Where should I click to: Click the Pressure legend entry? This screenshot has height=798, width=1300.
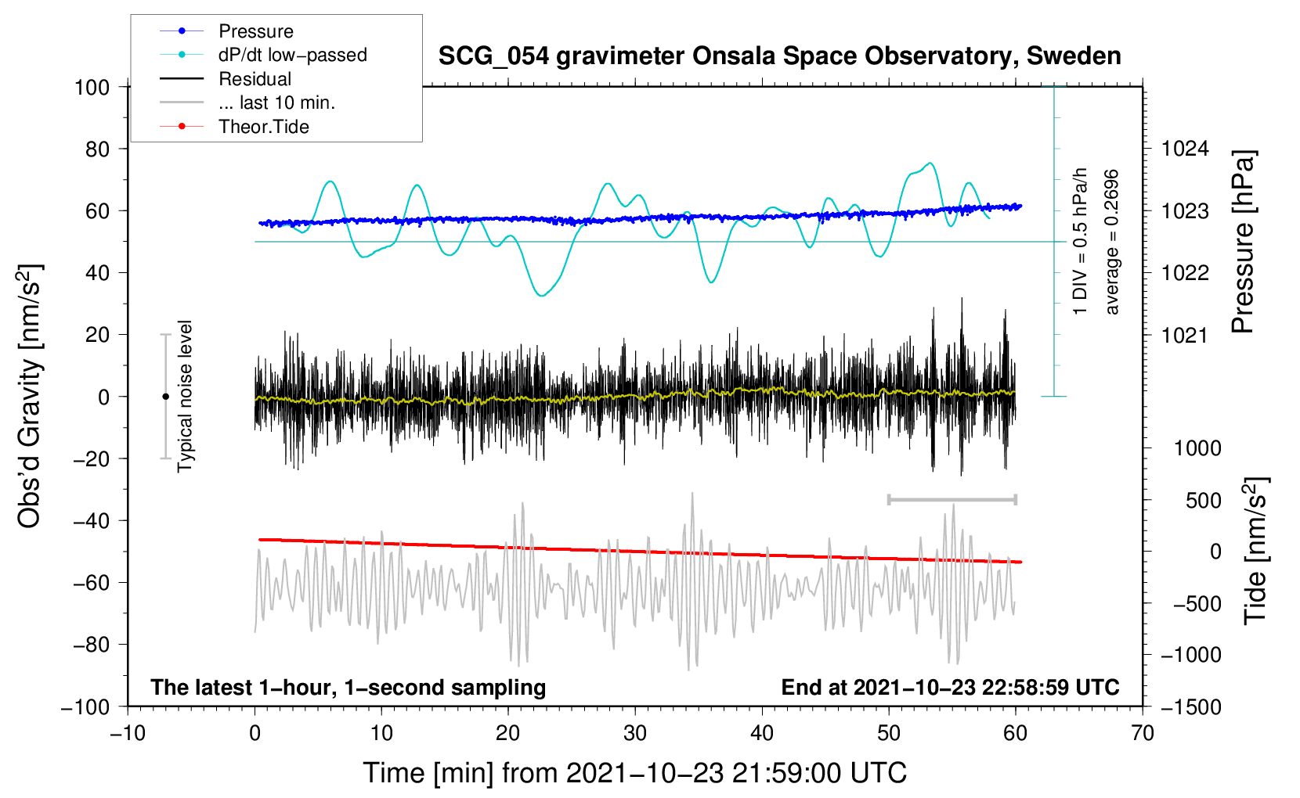pos(255,31)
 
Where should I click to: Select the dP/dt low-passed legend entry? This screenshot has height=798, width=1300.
pos(292,55)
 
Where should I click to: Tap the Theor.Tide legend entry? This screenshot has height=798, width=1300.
pos(263,127)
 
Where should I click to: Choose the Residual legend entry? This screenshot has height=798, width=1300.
pos(255,79)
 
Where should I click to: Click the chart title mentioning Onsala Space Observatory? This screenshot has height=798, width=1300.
pos(779,56)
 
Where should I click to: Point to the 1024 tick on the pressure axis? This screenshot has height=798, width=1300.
pos(1185,149)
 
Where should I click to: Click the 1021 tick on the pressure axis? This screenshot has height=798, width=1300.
pos(1185,336)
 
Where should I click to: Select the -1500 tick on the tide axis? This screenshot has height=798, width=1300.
pos(1191,706)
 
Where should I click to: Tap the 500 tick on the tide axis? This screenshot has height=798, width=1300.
pos(1203,500)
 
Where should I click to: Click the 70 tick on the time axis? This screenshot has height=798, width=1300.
pos(1143,733)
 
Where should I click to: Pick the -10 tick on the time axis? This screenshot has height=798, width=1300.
pos(128,733)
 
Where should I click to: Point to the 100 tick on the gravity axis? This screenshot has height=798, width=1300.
pos(92,87)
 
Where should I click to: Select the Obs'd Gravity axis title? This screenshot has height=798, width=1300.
pos(30,396)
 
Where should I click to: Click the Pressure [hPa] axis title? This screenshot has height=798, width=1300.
pos(1243,243)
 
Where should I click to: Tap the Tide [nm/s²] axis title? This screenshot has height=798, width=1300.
pos(1255,552)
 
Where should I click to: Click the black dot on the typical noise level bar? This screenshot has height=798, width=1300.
pos(165,397)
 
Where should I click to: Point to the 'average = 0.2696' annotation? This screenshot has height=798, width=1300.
pos(1112,243)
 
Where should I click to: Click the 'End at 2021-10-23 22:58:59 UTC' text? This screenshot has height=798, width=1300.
pos(950,687)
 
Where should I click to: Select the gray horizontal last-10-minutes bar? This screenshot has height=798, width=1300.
pos(952,499)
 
